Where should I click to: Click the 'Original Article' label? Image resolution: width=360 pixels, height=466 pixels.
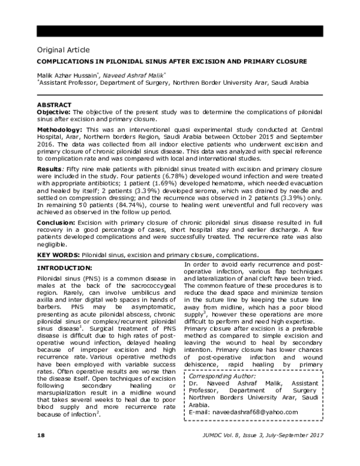pos(63,49)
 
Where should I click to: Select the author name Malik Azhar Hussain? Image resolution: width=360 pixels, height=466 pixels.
pos(69,76)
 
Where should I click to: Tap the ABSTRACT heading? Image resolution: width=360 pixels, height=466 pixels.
pos(55,105)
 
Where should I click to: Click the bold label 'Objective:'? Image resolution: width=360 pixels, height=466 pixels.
pos(55,112)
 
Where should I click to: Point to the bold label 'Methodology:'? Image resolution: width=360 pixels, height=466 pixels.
pos(60,130)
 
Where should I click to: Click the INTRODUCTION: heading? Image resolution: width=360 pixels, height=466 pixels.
pos(65,267)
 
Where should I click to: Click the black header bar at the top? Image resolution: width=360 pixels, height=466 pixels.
pos(180,31)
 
